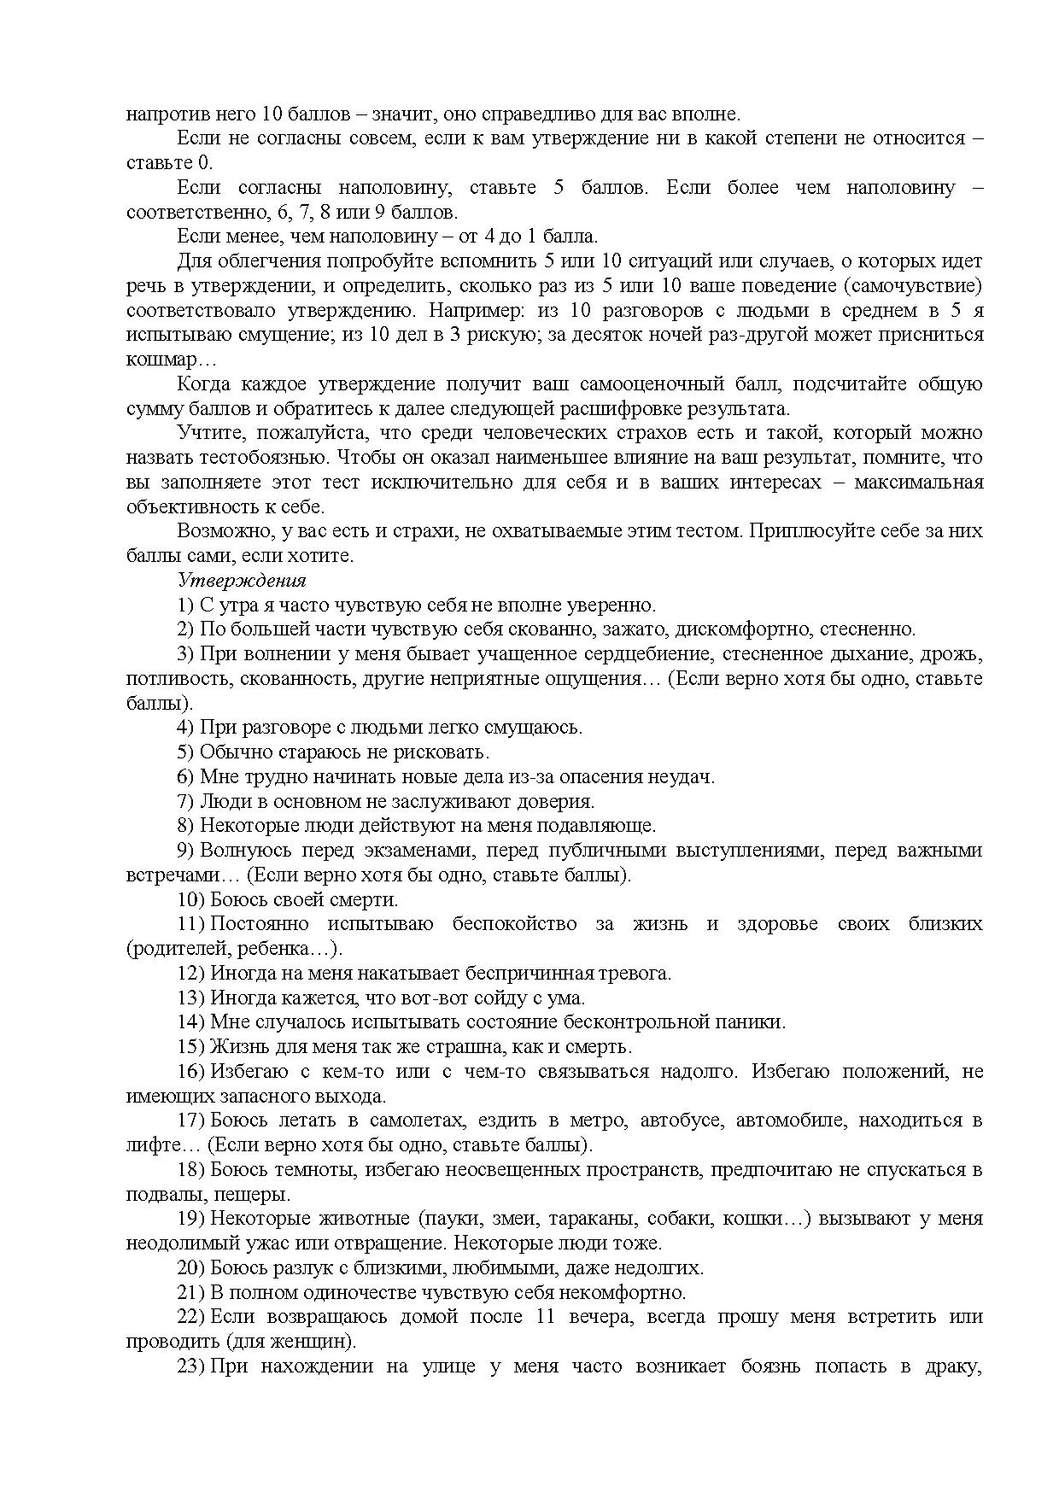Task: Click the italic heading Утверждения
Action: [x=242, y=581]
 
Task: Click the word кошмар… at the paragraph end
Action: [x=160, y=360]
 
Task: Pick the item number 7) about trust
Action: [x=185, y=801]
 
